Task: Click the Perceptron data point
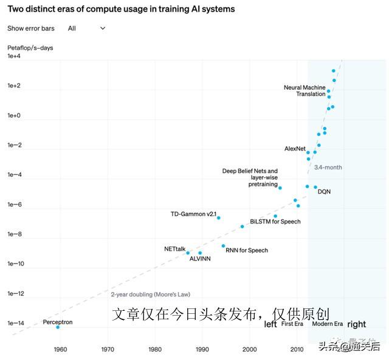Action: coord(58,327)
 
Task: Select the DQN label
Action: coord(324,192)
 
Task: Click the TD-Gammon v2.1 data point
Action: coord(218,217)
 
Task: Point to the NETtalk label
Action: coord(174,249)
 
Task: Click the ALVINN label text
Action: coord(200,259)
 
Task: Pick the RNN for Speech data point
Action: coord(223,246)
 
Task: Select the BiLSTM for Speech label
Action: coord(275,222)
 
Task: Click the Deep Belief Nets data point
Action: coord(280,188)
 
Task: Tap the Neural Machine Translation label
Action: coord(305,91)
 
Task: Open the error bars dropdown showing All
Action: coord(86,29)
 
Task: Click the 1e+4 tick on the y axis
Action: coord(14,56)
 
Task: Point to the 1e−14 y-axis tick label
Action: coord(16,324)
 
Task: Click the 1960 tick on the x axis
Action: coord(60,349)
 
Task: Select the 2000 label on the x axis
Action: coord(249,349)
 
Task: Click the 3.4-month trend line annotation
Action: coord(328,167)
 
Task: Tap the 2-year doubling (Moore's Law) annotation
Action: coord(150,294)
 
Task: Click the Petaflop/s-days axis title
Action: coord(30,47)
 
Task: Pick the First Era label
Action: coord(292,324)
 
